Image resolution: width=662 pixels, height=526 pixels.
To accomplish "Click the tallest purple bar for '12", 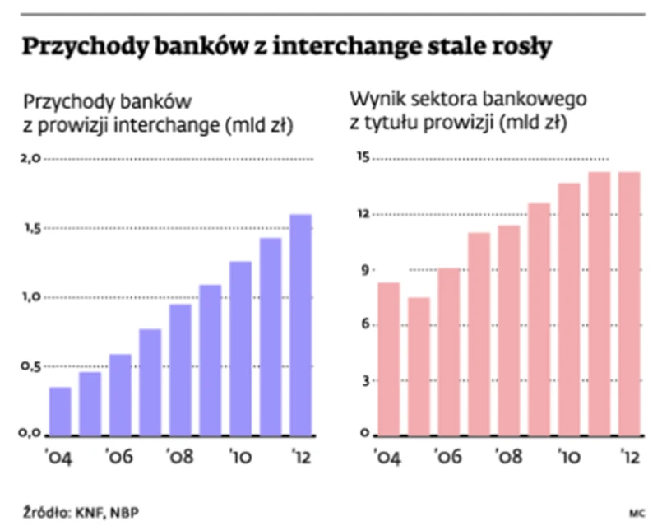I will click(x=300, y=324).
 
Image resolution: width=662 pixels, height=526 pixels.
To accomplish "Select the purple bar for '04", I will click(x=60, y=411).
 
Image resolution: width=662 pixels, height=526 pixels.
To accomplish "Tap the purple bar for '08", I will click(x=180, y=370).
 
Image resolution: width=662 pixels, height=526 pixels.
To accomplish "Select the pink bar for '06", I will click(x=449, y=351).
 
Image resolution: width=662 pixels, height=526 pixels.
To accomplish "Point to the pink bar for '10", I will click(x=569, y=309).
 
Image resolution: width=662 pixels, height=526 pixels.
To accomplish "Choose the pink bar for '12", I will click(x=629, y=304).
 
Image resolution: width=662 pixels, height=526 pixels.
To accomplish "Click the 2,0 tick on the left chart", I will click(x=30, y=158).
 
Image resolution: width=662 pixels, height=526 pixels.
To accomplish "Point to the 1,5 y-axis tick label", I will click(x=30, y=228).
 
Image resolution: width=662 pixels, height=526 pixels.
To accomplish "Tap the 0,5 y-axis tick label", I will click(x=30, y=366).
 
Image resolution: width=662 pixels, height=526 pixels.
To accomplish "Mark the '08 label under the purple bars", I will click(x=180, y=455).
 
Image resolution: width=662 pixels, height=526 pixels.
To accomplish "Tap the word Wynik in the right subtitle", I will click(x=372, y=102).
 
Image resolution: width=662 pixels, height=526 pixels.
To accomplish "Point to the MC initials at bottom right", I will click(x=636, y=511).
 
